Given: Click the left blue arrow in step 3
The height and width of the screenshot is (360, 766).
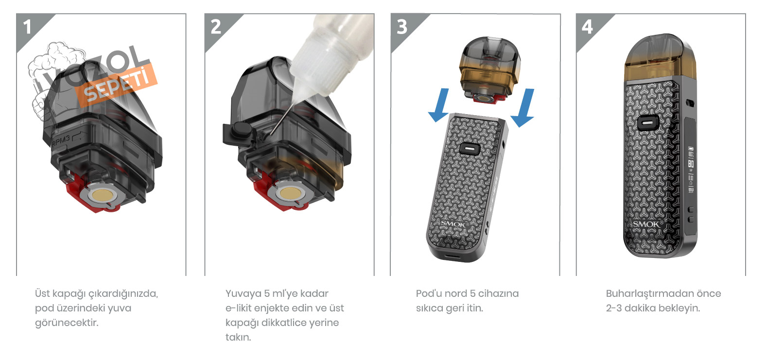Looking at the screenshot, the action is [440, 104].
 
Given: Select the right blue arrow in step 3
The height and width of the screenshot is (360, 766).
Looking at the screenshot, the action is [523, 107].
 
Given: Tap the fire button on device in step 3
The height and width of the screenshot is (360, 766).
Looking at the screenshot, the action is [469, 149].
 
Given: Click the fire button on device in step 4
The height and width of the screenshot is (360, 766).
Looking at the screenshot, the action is [648, 123].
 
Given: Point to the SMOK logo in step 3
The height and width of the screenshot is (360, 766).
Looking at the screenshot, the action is [453, 224].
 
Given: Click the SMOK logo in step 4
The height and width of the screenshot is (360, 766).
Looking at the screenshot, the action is [647, 224].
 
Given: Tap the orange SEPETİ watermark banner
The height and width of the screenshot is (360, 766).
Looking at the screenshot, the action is [116, 86].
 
